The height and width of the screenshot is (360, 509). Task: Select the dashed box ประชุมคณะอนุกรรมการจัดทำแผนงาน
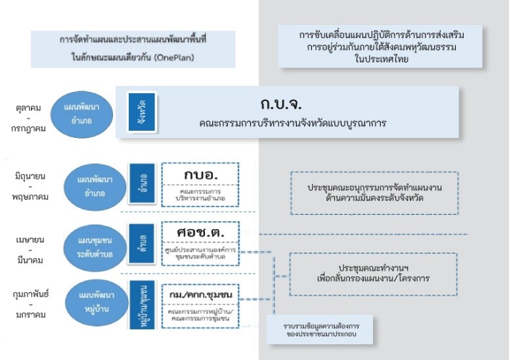(374, 192)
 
